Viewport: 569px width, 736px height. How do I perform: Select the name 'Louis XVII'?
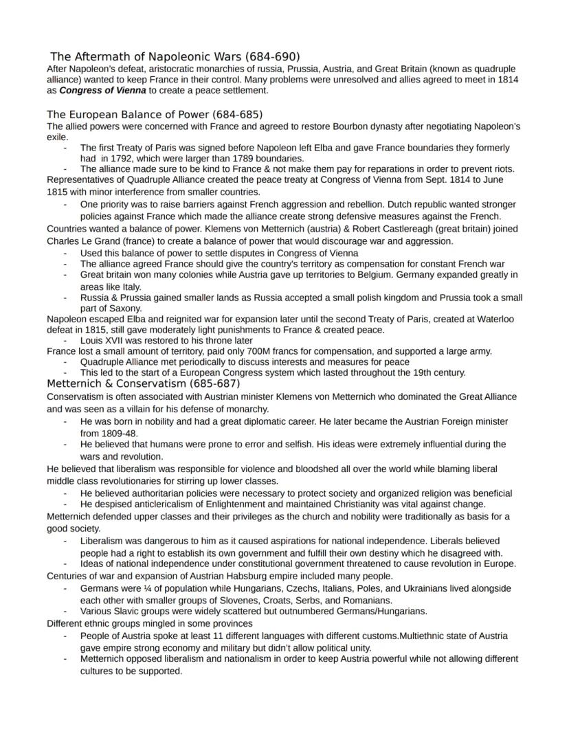[x=104, y=340]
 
